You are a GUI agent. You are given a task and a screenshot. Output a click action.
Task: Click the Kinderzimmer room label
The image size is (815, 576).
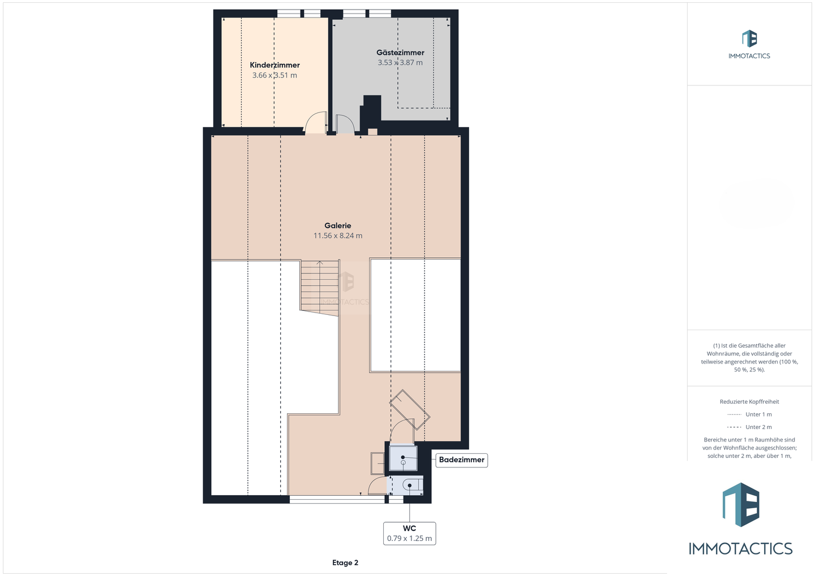click(x=274, y=65)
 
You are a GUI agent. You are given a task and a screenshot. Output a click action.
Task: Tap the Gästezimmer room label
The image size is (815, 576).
click(x=400, y=53)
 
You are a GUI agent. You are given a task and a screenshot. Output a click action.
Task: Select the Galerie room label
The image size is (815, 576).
click(x=338, y=226)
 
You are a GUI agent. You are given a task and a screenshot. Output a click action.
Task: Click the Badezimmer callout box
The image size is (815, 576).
click(x=462, y=460)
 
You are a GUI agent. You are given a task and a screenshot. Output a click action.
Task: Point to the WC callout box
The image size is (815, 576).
click(x=409, y=534)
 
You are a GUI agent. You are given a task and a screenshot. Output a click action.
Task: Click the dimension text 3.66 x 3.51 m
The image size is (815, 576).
click(x=274, y=75)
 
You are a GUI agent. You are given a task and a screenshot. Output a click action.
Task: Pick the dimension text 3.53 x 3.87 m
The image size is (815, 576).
click(x=400, y=63)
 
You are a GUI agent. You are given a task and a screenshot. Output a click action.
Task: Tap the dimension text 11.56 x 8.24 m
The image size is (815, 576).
click(x=338, y=236)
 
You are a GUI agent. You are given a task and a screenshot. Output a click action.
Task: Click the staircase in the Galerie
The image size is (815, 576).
click(x=320, y=287)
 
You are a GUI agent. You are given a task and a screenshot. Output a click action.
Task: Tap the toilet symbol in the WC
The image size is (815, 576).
click(x=413, y=485)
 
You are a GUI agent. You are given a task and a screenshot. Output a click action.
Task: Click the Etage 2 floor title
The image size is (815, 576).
click(x=345, y=562)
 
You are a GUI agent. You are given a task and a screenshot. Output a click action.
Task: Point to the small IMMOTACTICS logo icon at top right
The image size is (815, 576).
click(x=749, y=38)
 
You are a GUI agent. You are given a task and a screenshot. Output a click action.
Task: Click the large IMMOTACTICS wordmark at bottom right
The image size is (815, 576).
click(x=740, y=548)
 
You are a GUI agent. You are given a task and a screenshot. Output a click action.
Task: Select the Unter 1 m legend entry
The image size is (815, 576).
click(x=749, y=414)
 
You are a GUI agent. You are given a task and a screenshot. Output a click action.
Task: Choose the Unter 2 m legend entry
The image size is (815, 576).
click(x=749, y=427)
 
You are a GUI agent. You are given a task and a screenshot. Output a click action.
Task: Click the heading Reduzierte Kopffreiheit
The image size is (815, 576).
click(x=749, y=401)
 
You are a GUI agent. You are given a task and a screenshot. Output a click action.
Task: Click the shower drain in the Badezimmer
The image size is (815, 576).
click(x=403, y=457)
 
